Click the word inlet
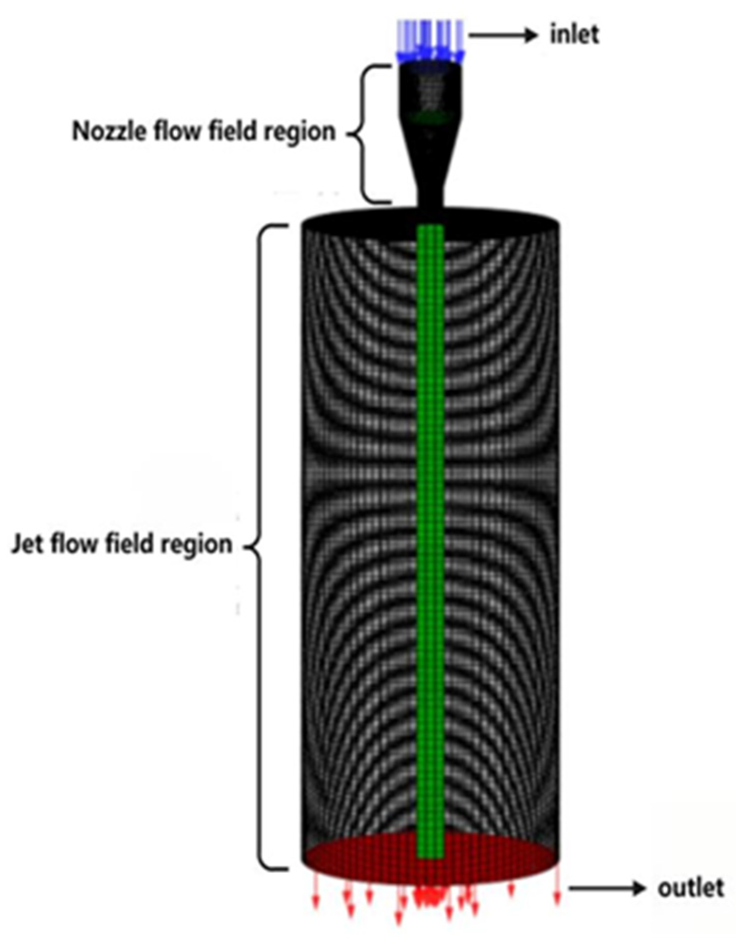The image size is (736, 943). tap(574, 35)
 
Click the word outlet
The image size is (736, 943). tap(690, 888)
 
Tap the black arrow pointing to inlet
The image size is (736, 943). tap(503, 35)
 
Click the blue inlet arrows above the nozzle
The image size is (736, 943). tap(430, 40)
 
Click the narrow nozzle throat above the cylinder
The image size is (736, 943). tap(430, 198)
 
